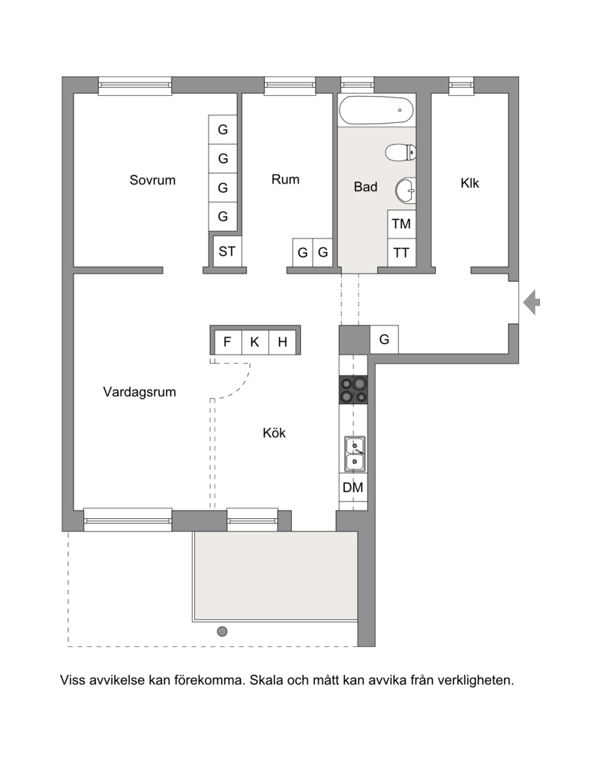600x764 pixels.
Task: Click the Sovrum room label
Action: point(152,180)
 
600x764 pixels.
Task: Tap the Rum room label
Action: point(285,179)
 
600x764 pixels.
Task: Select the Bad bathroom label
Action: point(365,187)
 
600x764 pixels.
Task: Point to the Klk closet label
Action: point(469,183)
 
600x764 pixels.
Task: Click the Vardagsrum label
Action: point(139,392)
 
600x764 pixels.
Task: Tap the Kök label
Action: point(274,433)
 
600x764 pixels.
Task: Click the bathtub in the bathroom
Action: point(376,110)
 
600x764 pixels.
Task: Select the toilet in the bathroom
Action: point(400,152)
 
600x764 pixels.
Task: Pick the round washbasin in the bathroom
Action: point(406,190)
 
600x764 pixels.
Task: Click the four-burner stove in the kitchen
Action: point(353,390)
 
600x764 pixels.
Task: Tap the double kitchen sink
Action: point(355,454)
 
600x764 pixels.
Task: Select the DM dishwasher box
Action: point(353,487)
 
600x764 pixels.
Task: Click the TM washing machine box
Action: point(401,224)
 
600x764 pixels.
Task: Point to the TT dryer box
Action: point(401,253)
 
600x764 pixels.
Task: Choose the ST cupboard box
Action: point(227,251)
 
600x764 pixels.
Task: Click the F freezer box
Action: point(227,342)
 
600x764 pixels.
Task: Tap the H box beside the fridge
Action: point(283,342)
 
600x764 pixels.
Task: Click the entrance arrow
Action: point(532,302)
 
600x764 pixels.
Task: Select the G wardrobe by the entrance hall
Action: point(384,340)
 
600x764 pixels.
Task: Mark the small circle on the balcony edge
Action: point(222,632)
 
